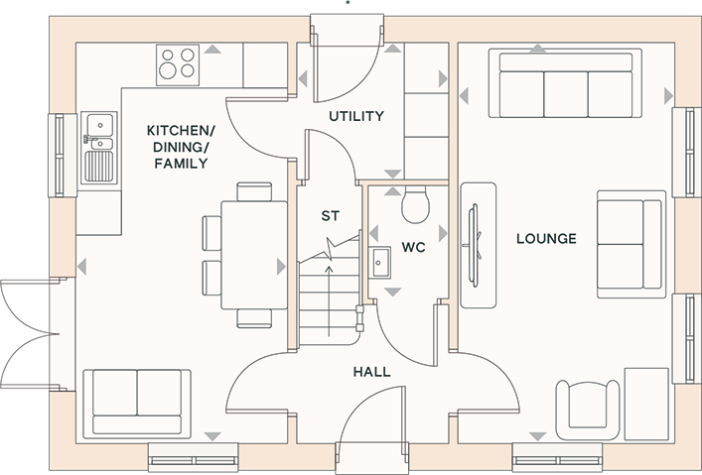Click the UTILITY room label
(x=356, y=116)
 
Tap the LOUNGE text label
(x=547, y=238)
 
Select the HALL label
(x=371, y=372)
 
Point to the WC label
(x=413, y=247)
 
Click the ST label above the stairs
(x=331, y=216)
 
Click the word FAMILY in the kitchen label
(x=181, y=164)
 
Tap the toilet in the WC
(x=415, y=205)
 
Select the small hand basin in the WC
(x=379, y=263)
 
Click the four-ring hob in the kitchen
(x=178, y=64)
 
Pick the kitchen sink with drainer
(x=99, y=148)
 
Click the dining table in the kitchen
(x=254, y=255)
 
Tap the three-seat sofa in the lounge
(x=565, y=83)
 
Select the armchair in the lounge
(x=588, y=411)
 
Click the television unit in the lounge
(x=479, y=245)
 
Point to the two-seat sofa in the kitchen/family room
(x=137, y=404)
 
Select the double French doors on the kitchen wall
(x=30, y=333)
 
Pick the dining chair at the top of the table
(x=254, y=191)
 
